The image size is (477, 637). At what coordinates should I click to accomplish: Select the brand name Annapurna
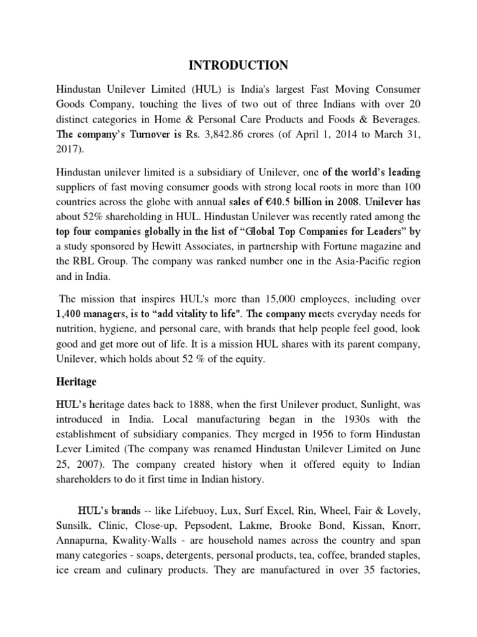point(81,542)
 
